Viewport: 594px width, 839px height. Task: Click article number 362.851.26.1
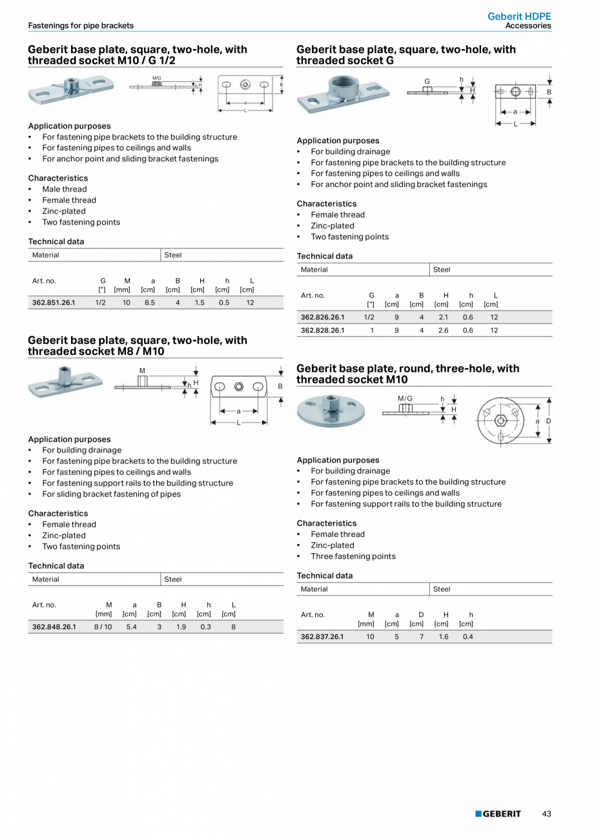point(54,302)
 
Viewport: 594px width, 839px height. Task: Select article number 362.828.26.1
point(322,330)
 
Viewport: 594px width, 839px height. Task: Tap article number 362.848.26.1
point(54,627)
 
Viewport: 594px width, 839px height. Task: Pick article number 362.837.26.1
point(322,636)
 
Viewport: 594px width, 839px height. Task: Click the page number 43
point(546,814)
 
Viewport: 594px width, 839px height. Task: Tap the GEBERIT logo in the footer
point(498,814)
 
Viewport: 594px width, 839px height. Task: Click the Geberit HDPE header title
point(519,16)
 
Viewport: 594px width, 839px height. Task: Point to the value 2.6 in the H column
point(444,330)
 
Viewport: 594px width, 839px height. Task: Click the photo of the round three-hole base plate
point(331,410)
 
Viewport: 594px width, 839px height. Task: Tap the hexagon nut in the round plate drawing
point(500,421)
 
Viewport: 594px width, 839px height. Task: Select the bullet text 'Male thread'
point(64,189)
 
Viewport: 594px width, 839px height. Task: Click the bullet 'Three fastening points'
point(353,556)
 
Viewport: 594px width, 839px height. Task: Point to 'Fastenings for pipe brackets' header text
point(81,26)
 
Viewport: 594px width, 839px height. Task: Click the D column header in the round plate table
point(421,614)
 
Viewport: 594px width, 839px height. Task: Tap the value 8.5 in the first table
point(149,302)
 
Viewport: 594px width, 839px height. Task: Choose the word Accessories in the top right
point(528,26)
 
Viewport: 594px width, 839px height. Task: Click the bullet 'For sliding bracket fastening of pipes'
point(111,494)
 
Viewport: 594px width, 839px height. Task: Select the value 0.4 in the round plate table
point(468,636)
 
